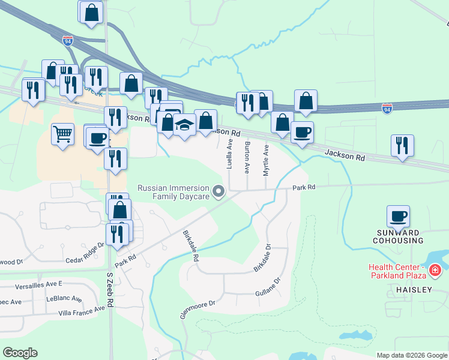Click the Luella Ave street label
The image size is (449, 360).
(x=229, y=154)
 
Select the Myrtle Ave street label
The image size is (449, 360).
(x=266, y=160)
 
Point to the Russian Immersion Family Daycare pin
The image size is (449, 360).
(x=219, y=192)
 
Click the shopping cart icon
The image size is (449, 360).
(x=62, y=134)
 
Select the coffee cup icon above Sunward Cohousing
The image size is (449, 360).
(x=399, y=215)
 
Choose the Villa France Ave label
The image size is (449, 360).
(x=86, y=310)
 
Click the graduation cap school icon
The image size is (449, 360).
(x=185, y=125)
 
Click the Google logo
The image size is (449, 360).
(x=20, y=352)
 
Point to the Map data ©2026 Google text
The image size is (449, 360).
(x=412, y=355)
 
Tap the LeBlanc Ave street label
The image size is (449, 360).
(x=64, y=298)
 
